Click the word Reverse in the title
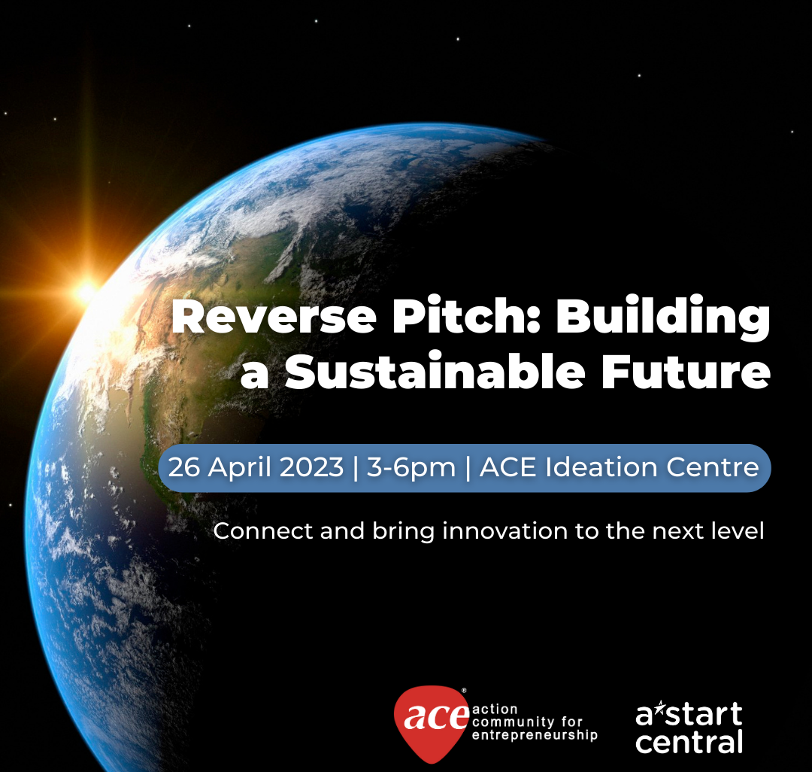pyautogui.click(x=274, y=317)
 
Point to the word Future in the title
pyautogui.click(x=686, y=372)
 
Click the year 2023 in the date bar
pyautogui.click(x=312, y=467)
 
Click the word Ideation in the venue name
pyautogui.click(x=601, y=467)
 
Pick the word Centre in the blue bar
pyautogui.click(x=713, y=468)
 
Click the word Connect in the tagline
pyautogui.click(x=263, y=531)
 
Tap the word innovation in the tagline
pyautogui.click(x=505, y=531)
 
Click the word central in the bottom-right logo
pyautogui.click(x=689, y=742)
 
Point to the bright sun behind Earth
pyautogui.click(x=87, y=291)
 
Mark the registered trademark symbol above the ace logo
pyautogui.click(x=463, y=690)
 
